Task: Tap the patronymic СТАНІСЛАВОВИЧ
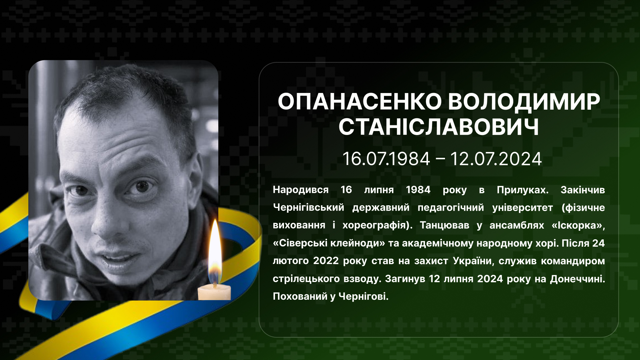(x=439, y=127)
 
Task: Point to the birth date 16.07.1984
(x=386, y=159)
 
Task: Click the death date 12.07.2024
(x=496, y=159)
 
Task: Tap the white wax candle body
(x=214, y=293)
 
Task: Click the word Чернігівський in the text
(x=308, y=208)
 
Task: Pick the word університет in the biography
(x=522, y=208)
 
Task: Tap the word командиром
(x=573, y=261)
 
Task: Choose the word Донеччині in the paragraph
(x=577, y=279)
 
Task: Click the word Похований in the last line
(x=300, y=296)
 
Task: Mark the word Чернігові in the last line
(x=364, y=296)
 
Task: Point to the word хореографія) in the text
(x=378, y=226)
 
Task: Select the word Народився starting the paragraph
(x=301, y=190)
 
